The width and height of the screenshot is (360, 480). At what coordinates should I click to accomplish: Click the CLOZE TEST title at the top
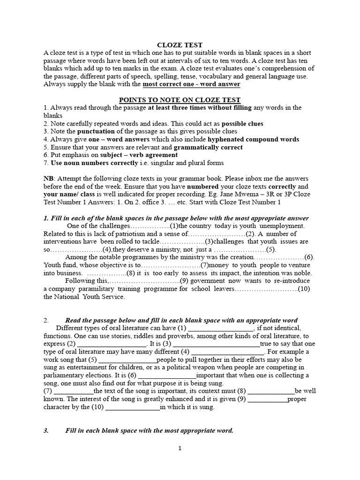[180, 45]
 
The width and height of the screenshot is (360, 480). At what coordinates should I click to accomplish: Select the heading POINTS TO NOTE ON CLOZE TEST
[180, 100]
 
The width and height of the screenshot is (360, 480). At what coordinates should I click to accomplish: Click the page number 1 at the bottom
[180, 448]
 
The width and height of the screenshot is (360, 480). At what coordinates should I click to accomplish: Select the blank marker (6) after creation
[309, 257]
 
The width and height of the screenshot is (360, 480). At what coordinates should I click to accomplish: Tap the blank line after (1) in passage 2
[221, 328]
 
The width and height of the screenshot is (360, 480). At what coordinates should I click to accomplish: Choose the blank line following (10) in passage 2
[133, 407]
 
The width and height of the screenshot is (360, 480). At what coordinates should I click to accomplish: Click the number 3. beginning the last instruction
[46, 430]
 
